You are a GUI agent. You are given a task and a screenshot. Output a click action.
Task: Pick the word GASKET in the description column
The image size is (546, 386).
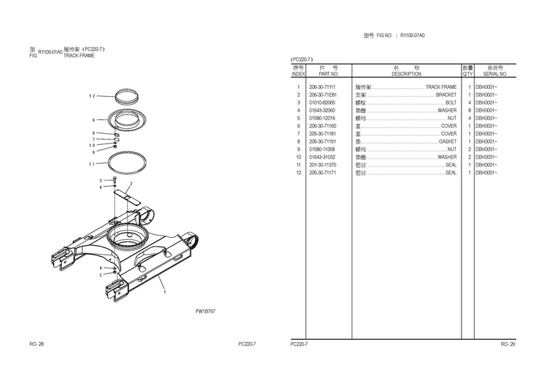click(448, 142)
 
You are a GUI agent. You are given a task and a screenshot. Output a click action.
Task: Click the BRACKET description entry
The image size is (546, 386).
click(446, 95)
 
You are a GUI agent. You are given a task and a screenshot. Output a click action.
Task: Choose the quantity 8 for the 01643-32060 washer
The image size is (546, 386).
click(469, 110)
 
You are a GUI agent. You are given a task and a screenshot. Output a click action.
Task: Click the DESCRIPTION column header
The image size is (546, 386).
click(406, 74)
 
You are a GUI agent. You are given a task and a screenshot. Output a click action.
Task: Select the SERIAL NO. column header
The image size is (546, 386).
click(495, 74)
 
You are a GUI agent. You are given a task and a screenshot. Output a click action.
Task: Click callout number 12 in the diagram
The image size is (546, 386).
click(92, 96)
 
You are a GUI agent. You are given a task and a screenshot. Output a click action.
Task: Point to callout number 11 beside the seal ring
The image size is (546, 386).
click(92, 164)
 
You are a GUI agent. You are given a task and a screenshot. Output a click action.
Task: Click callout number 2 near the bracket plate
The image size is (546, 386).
click(131, 184)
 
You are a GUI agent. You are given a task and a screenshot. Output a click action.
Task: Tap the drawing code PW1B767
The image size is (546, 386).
click(205, 312)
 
